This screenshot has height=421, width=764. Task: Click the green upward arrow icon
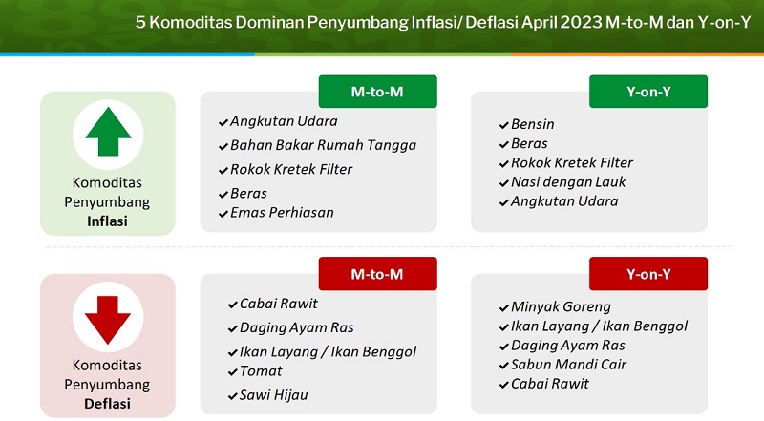click(108, 132)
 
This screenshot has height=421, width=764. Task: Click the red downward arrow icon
click(108, 320)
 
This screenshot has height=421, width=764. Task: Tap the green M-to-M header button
click(377, 92)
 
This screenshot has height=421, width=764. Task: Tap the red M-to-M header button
click(377, 274)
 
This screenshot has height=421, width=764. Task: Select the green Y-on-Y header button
click(648, 92)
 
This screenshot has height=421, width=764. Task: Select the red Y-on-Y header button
click(648, 274)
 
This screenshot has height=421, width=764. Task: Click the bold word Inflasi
click(107, 221)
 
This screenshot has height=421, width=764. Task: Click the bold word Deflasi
click(107, 404)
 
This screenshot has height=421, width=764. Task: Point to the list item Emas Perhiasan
click(282, 213)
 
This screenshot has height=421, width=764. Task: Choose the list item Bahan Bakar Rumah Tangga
click(324, 145)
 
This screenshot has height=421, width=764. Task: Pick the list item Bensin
click(533, 124)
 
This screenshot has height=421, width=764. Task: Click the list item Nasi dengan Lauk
click(568, 182)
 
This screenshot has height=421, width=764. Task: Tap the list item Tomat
click(261, 371)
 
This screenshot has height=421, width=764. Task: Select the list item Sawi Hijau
click(273, 395)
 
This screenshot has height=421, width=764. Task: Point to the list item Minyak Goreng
click(561, 307)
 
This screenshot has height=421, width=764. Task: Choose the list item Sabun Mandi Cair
click(568, 365)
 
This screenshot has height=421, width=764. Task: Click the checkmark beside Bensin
click(504, 125)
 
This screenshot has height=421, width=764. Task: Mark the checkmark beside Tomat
click(233, 372)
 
